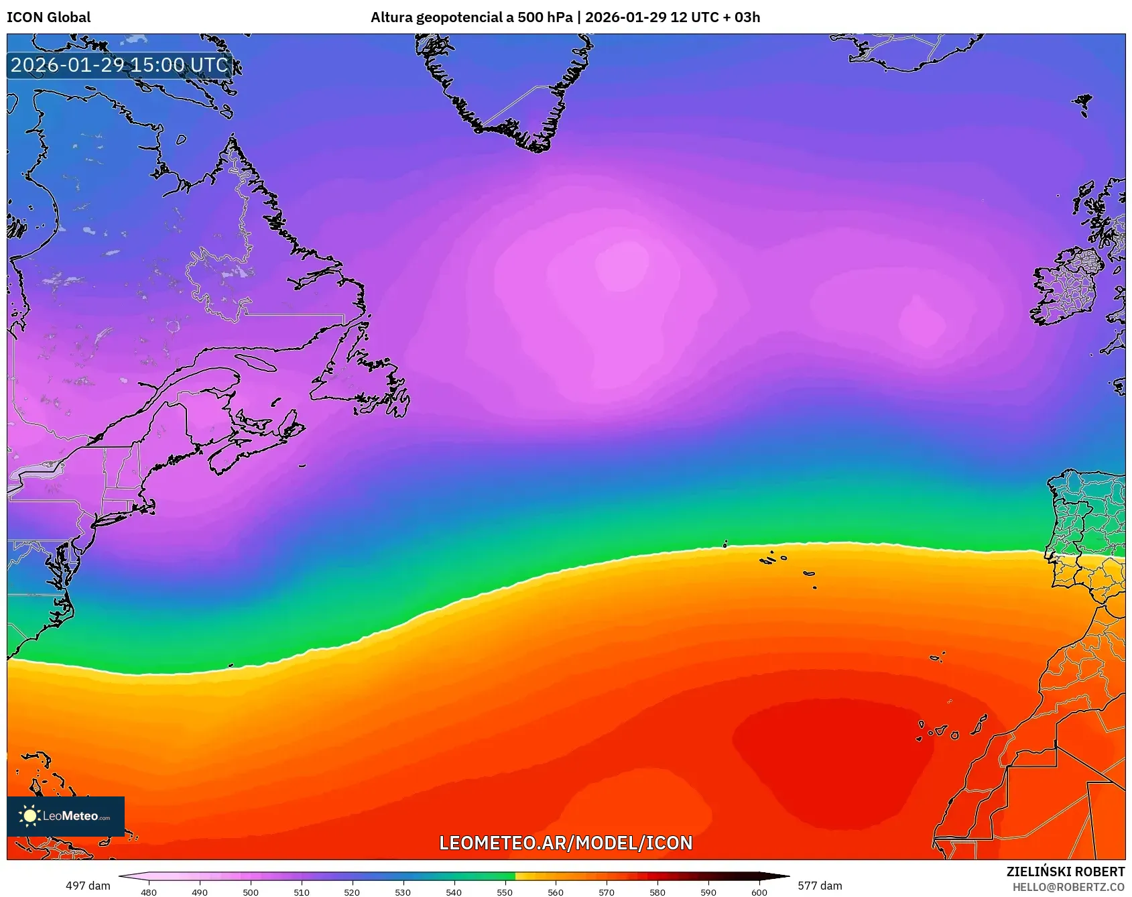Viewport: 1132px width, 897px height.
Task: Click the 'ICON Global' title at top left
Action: [49, 17]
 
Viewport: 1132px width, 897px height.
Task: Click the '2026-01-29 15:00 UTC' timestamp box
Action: [120, 65]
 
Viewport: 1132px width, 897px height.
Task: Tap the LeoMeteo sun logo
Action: [29, 816]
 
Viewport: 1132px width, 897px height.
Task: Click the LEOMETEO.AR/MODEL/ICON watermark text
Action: [566, 843]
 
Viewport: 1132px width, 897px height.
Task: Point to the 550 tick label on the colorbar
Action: [505, 892]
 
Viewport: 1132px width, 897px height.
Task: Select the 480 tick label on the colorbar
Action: [149, 892]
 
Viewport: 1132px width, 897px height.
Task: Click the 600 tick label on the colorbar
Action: [759, 892]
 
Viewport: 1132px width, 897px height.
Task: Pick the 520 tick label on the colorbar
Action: [352, 892]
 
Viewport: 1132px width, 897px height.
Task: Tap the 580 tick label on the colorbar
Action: [657, 892]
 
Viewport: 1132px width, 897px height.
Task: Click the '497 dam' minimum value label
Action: [88, 886]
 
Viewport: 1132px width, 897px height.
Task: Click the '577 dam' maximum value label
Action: [820, 886]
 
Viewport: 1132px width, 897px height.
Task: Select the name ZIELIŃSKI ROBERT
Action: [1065, 872]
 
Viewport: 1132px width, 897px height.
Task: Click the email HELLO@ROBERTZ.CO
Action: [1068, 887]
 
